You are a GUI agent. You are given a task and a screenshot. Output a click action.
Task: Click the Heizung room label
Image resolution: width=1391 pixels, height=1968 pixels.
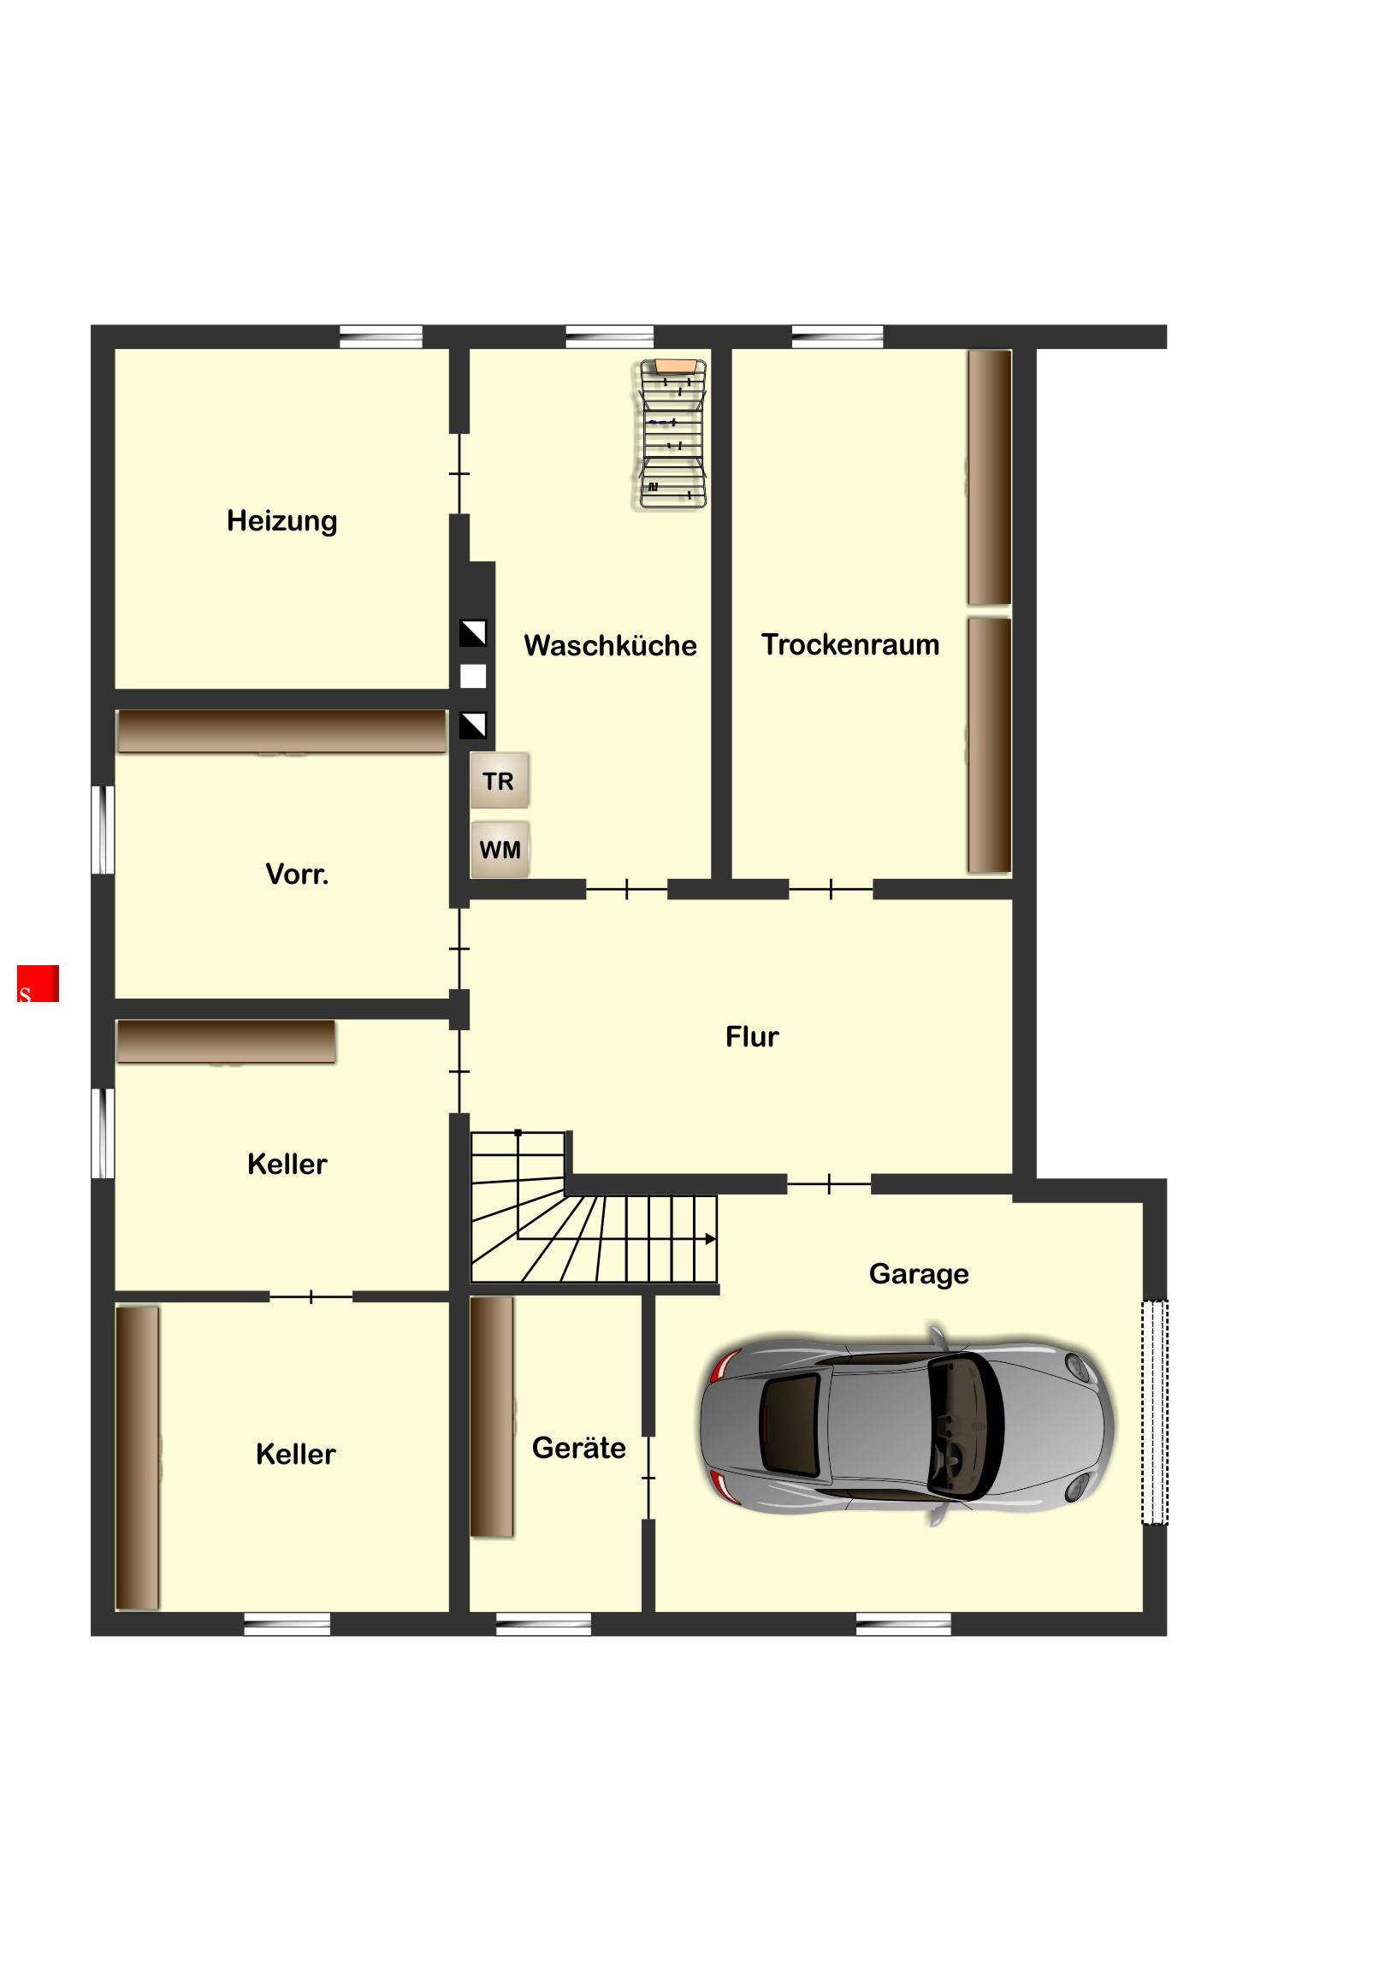point(282,521)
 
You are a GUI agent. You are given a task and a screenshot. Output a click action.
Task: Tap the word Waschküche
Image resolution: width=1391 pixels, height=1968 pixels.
point(610,644)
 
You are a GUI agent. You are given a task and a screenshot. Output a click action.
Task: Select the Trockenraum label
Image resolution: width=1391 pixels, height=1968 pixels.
point(850,643)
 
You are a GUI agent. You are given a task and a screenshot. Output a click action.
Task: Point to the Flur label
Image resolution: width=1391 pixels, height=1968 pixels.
point(752,1036)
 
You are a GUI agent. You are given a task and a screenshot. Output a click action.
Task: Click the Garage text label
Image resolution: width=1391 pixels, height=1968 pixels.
point(919,1274)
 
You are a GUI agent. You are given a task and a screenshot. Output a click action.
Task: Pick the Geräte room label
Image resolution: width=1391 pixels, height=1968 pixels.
point(578,1447)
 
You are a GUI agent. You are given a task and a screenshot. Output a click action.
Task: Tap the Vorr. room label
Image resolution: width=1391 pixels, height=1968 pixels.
point(297,874)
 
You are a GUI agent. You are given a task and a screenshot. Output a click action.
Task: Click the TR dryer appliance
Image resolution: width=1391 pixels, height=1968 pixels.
point(499,780)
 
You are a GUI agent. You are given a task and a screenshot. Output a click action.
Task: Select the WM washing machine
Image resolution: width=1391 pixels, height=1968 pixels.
point(500,849)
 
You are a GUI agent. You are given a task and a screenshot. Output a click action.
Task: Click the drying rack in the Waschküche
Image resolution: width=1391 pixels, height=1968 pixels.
point(673,434)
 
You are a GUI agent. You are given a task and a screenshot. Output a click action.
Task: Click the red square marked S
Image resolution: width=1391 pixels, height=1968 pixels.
point(38,983)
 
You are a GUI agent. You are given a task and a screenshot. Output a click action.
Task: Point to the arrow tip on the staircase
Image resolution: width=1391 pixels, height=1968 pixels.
point(716,1239)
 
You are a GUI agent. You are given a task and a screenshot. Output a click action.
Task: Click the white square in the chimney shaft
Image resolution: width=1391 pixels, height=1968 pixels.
point(473,676)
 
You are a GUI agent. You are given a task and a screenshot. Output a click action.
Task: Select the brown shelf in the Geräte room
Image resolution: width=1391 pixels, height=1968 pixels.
point(492,1416)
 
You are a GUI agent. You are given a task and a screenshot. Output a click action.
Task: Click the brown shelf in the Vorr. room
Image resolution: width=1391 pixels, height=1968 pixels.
point(282,731)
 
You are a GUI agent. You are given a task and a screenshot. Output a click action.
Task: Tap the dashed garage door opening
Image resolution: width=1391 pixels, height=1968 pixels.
point(1154,1412)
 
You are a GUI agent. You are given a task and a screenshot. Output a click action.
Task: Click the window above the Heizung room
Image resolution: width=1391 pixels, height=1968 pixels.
point(382,336)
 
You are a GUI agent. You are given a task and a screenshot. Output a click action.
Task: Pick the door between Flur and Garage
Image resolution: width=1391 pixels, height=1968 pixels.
point(829,1184)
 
